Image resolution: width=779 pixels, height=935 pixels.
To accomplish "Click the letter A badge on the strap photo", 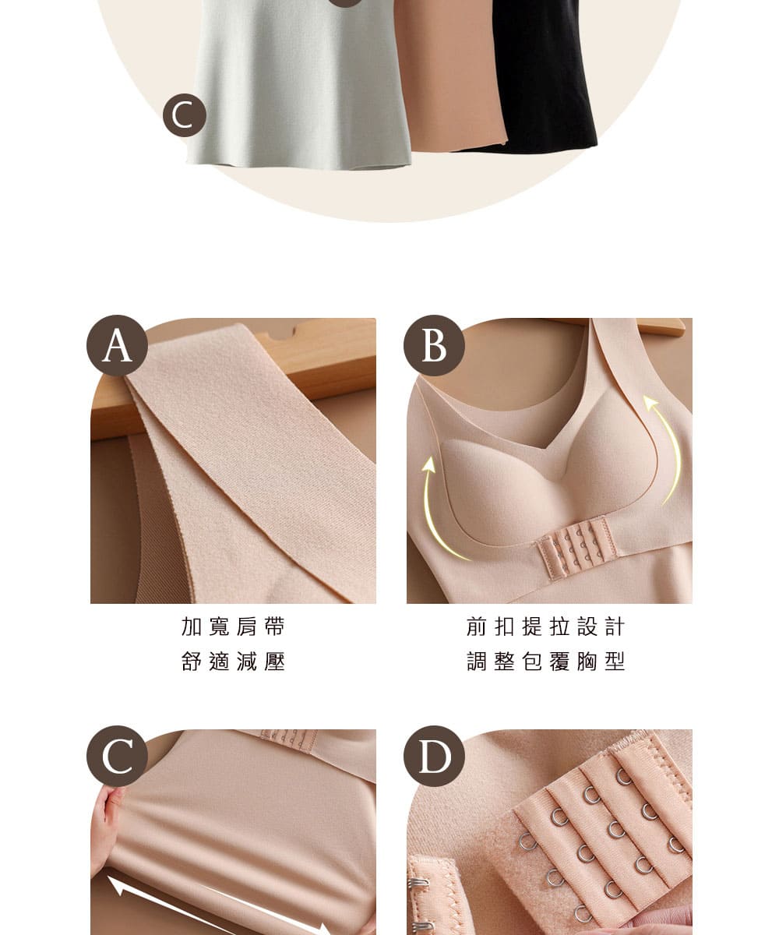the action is tap(117, 345).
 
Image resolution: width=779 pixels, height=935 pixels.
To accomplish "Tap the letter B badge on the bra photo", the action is tap(434, 345).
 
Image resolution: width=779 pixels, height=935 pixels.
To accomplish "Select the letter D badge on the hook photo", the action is tap(434, 757).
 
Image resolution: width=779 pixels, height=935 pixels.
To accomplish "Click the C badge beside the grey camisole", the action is tap(184, 115).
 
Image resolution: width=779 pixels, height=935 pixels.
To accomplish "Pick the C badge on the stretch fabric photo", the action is tap(117, 757).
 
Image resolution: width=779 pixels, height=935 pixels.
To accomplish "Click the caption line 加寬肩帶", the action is tap(233, 626).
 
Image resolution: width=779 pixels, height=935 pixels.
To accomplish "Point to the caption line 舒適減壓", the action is tap(233, 662).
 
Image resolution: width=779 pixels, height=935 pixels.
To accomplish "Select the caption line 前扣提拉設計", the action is tap(546, 626).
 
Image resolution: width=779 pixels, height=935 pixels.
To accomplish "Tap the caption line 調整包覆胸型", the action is tap(546, 662).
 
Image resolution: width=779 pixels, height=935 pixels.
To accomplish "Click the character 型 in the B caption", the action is tap(615, 662).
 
